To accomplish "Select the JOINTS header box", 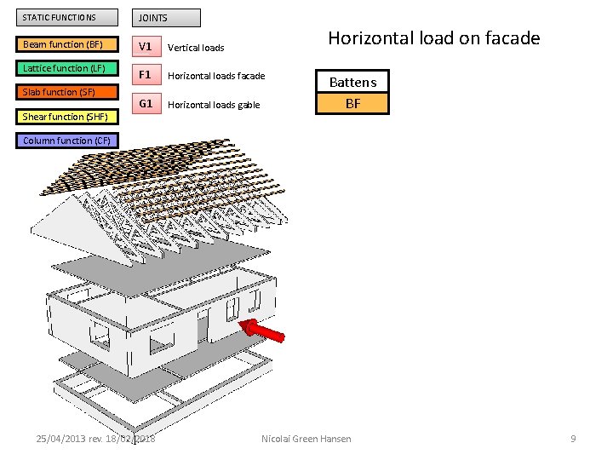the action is coord(167,18).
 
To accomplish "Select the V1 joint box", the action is coord(146,46).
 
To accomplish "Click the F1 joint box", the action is coord(146,75).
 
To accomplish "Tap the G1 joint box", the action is coord(146,104).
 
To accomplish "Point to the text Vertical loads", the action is coord(196,48).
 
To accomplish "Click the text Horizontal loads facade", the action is coord(216,77).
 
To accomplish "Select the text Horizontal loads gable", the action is coord(214,106).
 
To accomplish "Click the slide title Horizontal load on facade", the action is coord(433,38).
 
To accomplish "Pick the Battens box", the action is coord(352,82).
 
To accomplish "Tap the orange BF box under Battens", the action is coord(352,104).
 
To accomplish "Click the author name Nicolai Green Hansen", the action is coord(306,439).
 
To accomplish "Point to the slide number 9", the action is coord(573,439).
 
